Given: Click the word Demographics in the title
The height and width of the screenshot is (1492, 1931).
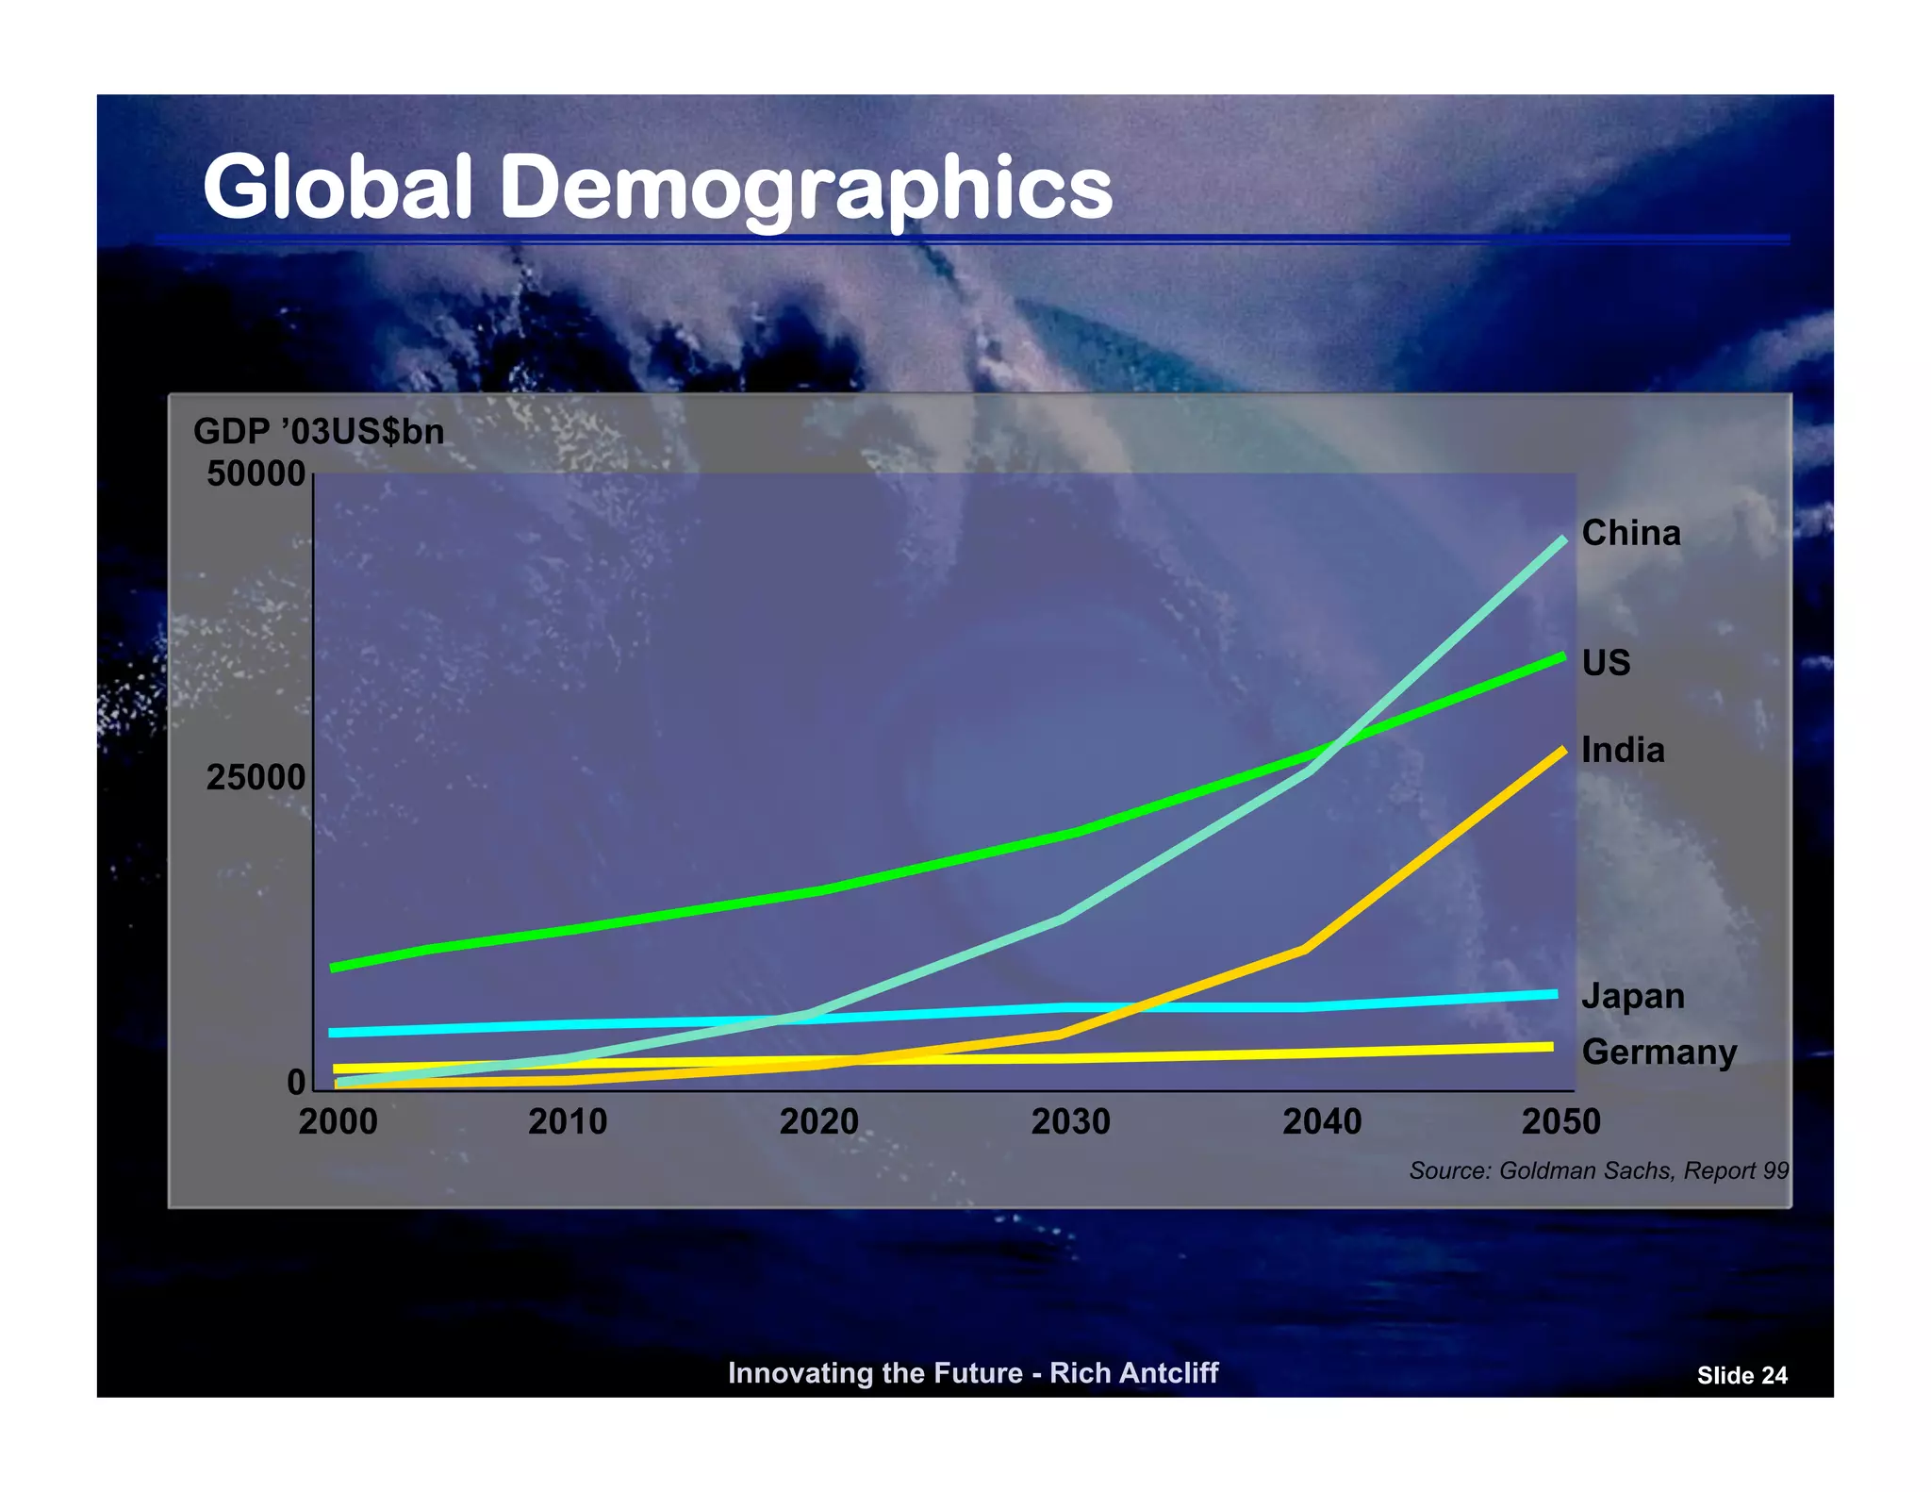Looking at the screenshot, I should pos(805,189).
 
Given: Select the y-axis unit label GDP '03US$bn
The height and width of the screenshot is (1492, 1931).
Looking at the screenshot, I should pos(319,432).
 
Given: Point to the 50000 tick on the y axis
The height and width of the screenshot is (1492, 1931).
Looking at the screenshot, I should pos(256,473).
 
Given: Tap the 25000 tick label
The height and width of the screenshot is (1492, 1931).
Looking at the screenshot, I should pos(256,778).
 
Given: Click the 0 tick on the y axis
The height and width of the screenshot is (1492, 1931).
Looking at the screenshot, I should pos(296,1082).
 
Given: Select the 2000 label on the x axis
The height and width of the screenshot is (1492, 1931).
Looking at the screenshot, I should pos(338,1122).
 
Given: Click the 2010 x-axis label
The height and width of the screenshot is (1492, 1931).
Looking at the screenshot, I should pos(567,1122).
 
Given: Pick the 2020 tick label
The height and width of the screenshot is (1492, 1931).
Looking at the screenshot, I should pos(818,1122).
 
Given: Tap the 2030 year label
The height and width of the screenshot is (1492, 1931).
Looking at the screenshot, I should pos(1070,1122).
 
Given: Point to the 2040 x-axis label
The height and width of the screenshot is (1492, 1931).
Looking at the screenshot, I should pos(1322,1122).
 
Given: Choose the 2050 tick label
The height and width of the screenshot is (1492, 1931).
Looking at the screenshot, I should pos(1560,1122).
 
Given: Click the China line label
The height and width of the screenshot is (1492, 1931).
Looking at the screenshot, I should pos(1630,534).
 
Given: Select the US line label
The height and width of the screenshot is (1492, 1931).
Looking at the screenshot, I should pos(1606,663).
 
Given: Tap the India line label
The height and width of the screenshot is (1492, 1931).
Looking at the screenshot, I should pos(1623,751).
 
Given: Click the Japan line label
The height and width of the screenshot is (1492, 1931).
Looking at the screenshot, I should pos(1633,997).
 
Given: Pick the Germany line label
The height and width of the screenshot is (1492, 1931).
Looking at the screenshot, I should pos(1659,1053).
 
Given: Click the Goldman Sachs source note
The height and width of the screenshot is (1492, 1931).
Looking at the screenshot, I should pos(1598,1171).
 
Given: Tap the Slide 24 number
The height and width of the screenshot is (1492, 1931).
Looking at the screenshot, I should pos(1741,1376).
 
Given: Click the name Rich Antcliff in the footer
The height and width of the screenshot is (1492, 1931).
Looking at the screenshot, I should pos(1133,1373).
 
